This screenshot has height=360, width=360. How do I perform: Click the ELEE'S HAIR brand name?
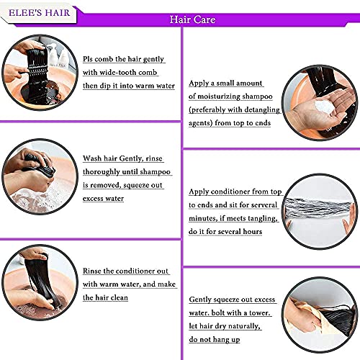click(39, 13)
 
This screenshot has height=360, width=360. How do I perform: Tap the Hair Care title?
click(192, 19)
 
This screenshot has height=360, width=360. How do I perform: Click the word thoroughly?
click(102, 172)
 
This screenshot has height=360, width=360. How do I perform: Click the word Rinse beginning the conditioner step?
click(91, 271)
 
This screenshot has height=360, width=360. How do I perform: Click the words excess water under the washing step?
click(103, 199)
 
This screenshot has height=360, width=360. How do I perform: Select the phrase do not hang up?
click(215, 340)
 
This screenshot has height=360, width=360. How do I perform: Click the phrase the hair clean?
click(105, 297)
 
